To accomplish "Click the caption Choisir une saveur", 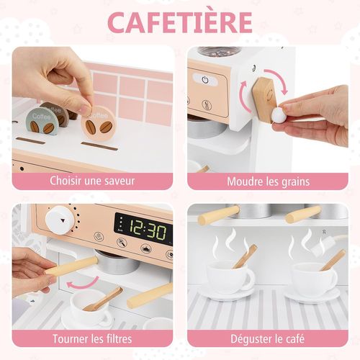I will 92,180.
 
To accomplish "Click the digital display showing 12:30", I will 143,230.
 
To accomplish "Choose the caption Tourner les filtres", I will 92,338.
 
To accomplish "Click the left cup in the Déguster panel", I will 230,276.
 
